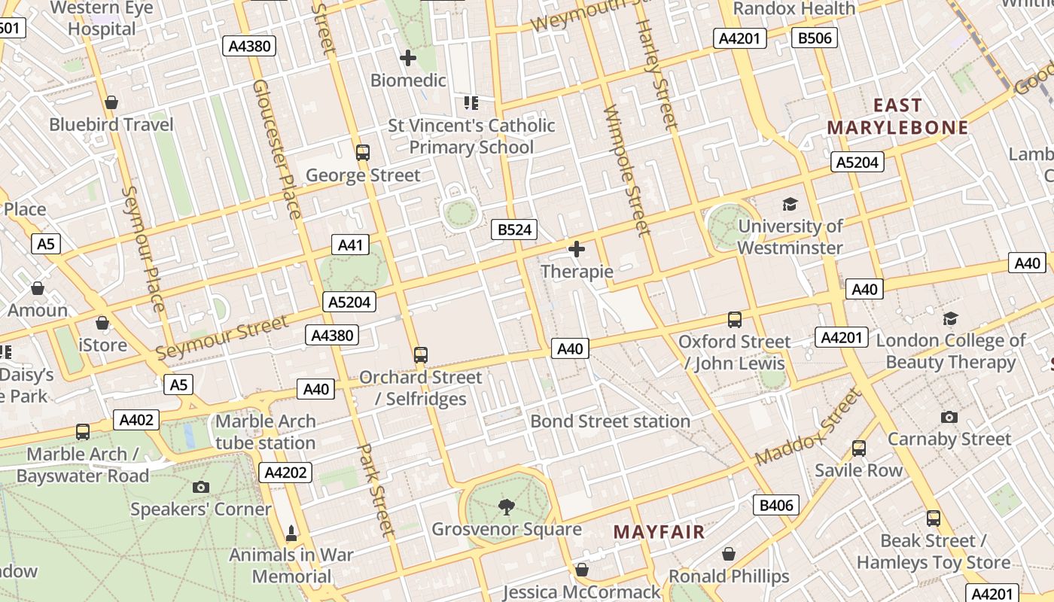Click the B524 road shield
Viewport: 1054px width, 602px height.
click(x=515, y=230)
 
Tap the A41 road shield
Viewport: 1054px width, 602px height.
click(x=350, y=245)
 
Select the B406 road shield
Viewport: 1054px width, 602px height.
click(x=776, y=505)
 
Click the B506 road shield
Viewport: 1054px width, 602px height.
click(x=815, y=38)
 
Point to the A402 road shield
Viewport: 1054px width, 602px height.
click(x=136, y=420)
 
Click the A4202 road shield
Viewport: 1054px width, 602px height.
click(x=285, y=473)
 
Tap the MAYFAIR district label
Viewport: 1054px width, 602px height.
click(x=659, y=532)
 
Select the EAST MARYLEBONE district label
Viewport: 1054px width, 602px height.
click(x=897, y=116)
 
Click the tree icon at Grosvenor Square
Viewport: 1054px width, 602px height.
click(x=507, y=507)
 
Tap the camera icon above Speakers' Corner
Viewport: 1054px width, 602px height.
click(x=200, y=487)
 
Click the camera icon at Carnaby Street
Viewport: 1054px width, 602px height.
click(x=949, y=417)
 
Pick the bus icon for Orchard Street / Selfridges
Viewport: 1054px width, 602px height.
click(x=421, y=354)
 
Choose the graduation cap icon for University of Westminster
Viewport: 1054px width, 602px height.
click(x=790, y=204)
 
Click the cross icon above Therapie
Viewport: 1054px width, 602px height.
click(x=577, y=249)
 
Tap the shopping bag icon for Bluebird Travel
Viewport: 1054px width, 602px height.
click(x=111, y=102)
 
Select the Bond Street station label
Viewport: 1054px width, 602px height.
click(x=610, y=421)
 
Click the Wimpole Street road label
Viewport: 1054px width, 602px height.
click(x=626, y=169)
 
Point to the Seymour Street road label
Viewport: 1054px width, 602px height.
click(x=221, y=337)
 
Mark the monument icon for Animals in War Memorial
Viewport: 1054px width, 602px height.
click(x=291, y=534)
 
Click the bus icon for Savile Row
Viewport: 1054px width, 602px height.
click(x=859, y=448)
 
